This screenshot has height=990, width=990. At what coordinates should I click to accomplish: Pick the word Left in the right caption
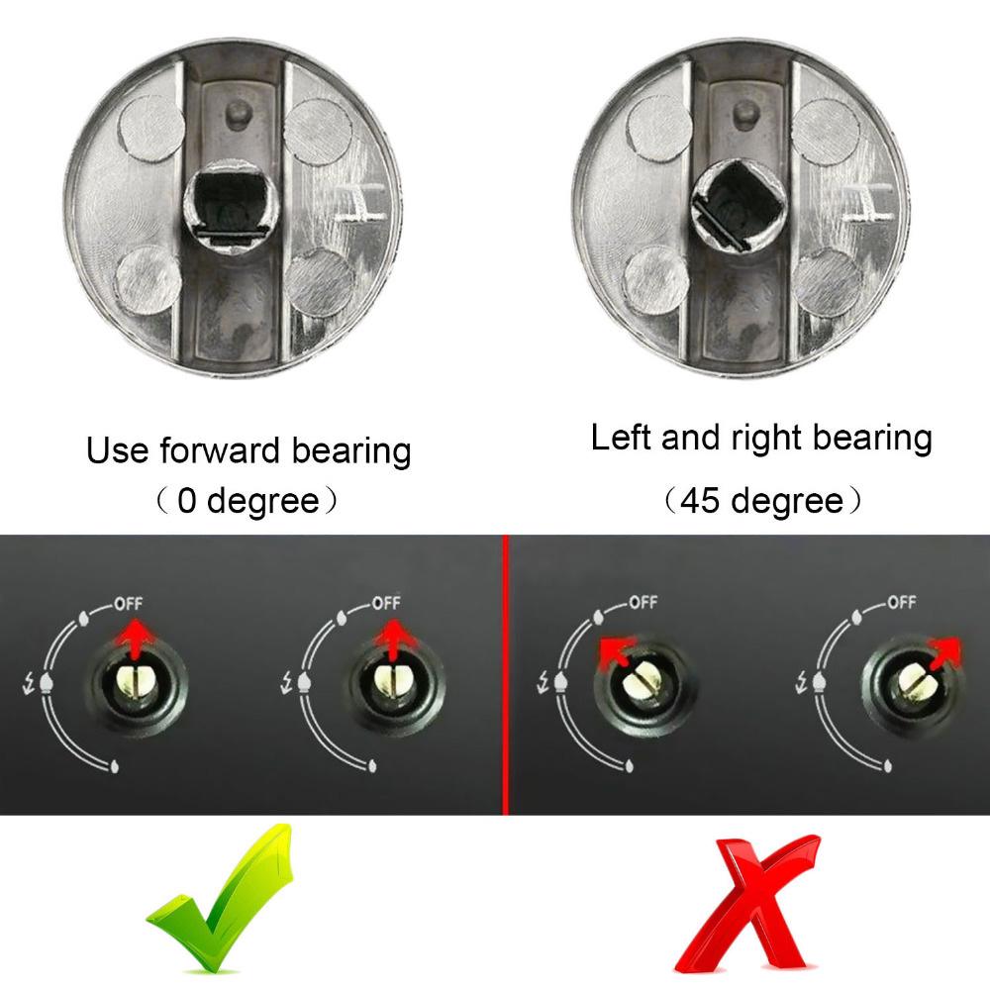coord(622,438)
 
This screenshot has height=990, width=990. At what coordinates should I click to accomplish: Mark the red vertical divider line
coord(506,673)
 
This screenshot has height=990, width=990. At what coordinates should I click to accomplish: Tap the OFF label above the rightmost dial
coord(899,602)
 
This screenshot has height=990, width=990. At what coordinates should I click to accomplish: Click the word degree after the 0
coord(263,501)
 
